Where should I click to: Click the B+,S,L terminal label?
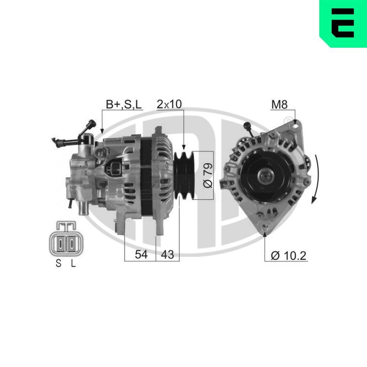coord(124,104)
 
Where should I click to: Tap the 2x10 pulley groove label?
coord(169,104)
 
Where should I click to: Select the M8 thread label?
coord(279,105)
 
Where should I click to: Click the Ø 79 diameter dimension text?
coord(207,175)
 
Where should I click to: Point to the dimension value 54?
coord(141,254)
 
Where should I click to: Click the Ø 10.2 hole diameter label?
coord(288,255)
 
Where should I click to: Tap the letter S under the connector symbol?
coord(58,263)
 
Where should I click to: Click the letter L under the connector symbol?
coord(73,263)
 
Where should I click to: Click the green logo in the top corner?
coord(343,23)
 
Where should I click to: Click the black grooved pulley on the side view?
coord(184,175)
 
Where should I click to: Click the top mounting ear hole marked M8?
coord(295,126)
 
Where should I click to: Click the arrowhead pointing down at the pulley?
coord(183,148)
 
